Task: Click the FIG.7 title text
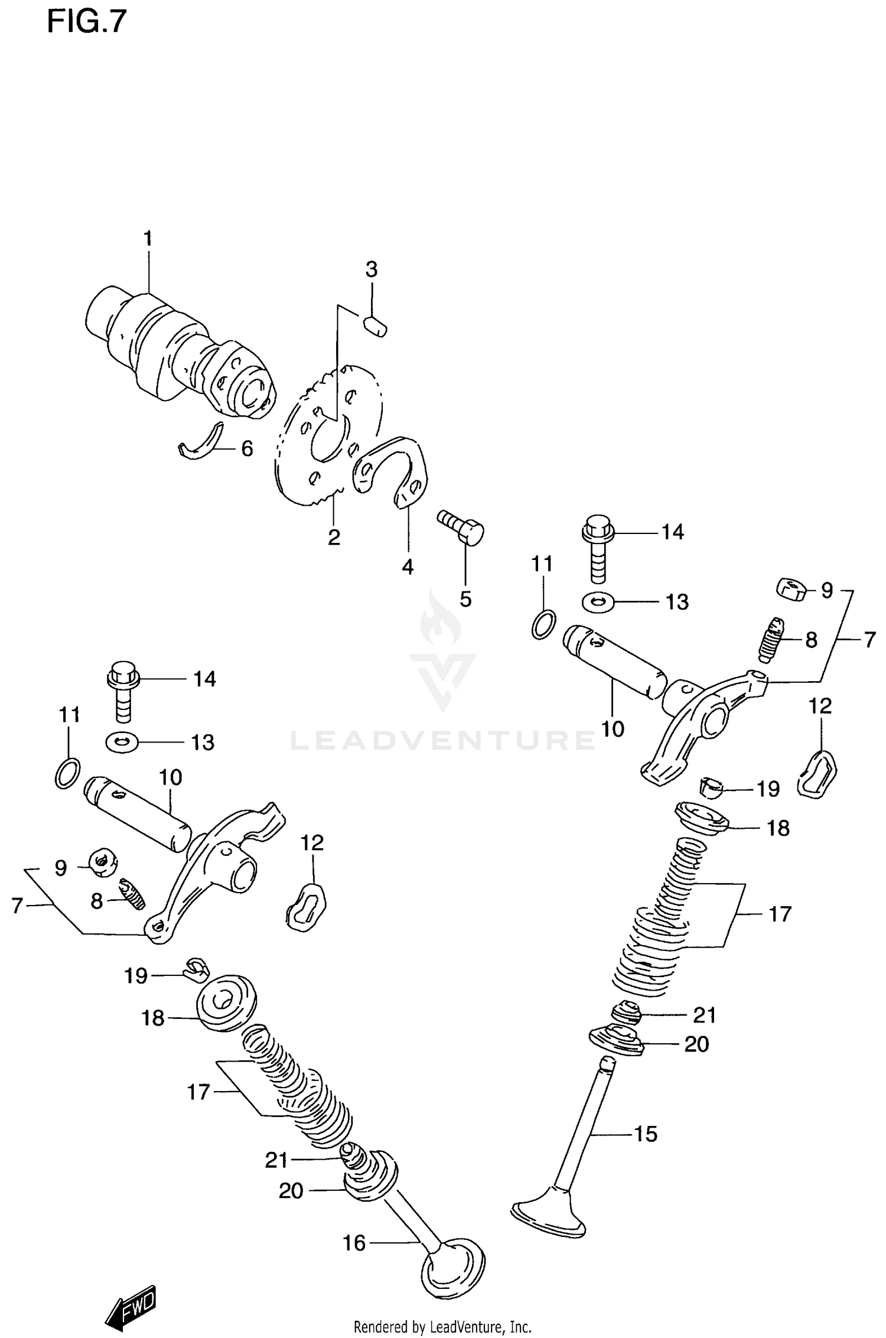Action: coord(87,22)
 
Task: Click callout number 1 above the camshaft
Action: coord(148,239)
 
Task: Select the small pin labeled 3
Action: coord(375,326)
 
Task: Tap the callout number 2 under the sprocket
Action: coord(334,538)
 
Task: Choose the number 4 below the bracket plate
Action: coord(408,567)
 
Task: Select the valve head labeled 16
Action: coord(454,1270)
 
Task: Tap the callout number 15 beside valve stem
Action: coord(646,1134)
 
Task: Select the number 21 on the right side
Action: coord(704,1015)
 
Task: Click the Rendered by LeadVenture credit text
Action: coord(442,1327)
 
